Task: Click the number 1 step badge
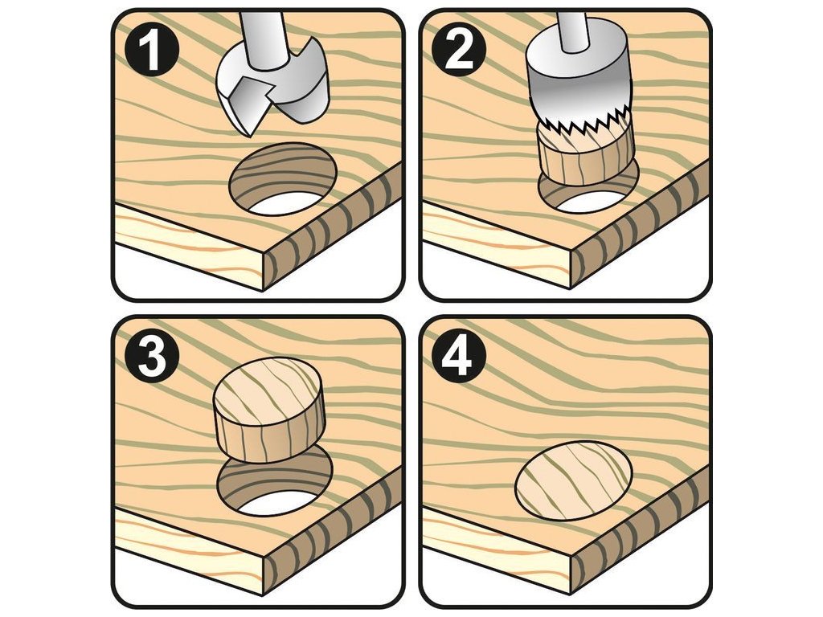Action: tap(152, 51)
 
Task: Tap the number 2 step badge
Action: tap(459, 51)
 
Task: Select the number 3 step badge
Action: tap(152, 359)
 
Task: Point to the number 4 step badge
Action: tap(459, 359)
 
